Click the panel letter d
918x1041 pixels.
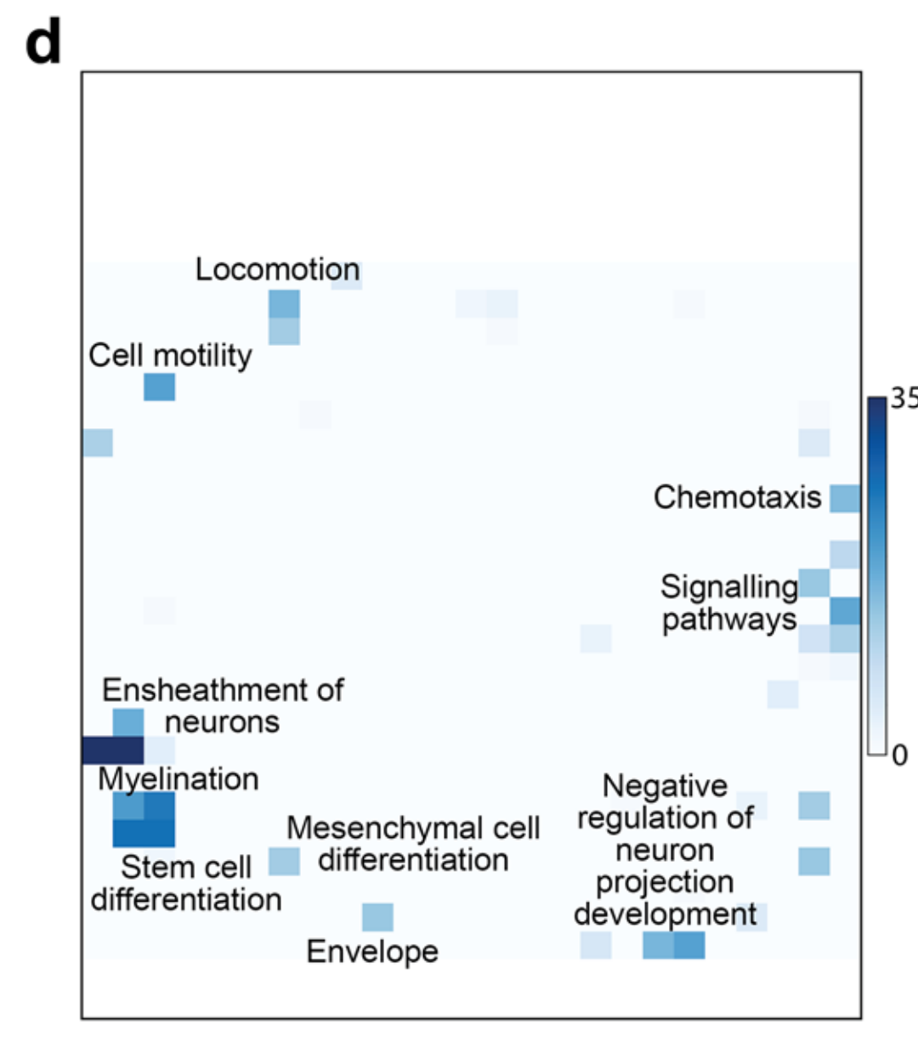pos(43,44)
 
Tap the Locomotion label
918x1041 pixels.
pos(277,269)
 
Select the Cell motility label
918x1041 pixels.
pos(170,355)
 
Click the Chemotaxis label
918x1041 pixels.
pos(737,497)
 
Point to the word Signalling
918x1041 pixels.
pos(729,586)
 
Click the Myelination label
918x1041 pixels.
pos(178,778)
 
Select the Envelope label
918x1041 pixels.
pos(372,952)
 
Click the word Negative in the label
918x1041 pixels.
pos(665,786)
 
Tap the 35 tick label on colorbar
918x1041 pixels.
pos(903,398)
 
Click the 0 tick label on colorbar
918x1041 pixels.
pos(899,755)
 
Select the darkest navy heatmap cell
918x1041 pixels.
pos(113,750)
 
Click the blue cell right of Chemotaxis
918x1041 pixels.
pos(845,498)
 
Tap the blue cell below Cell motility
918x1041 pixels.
pos(160,387)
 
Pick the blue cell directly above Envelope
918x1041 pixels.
pos(377,918)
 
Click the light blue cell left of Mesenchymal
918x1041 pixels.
pos(285,862)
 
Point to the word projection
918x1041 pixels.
pos(664,882)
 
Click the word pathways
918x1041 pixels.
pos(729,620)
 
